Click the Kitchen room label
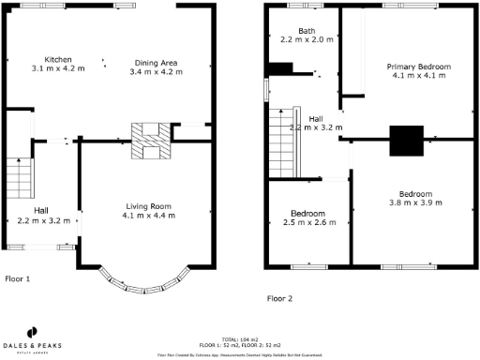click(x=44, y=58)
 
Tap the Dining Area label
click(x=155, y=62)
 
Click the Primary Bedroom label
click(x=419, y=67)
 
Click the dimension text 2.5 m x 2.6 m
click(x=308, y=222)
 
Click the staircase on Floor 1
click(x=20, y=176)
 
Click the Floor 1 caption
click(x=18, y=278)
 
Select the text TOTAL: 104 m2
click(x=239, y=338)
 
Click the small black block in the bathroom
click(x=280, y=68)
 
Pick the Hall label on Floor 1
click(x=41, y=211)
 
